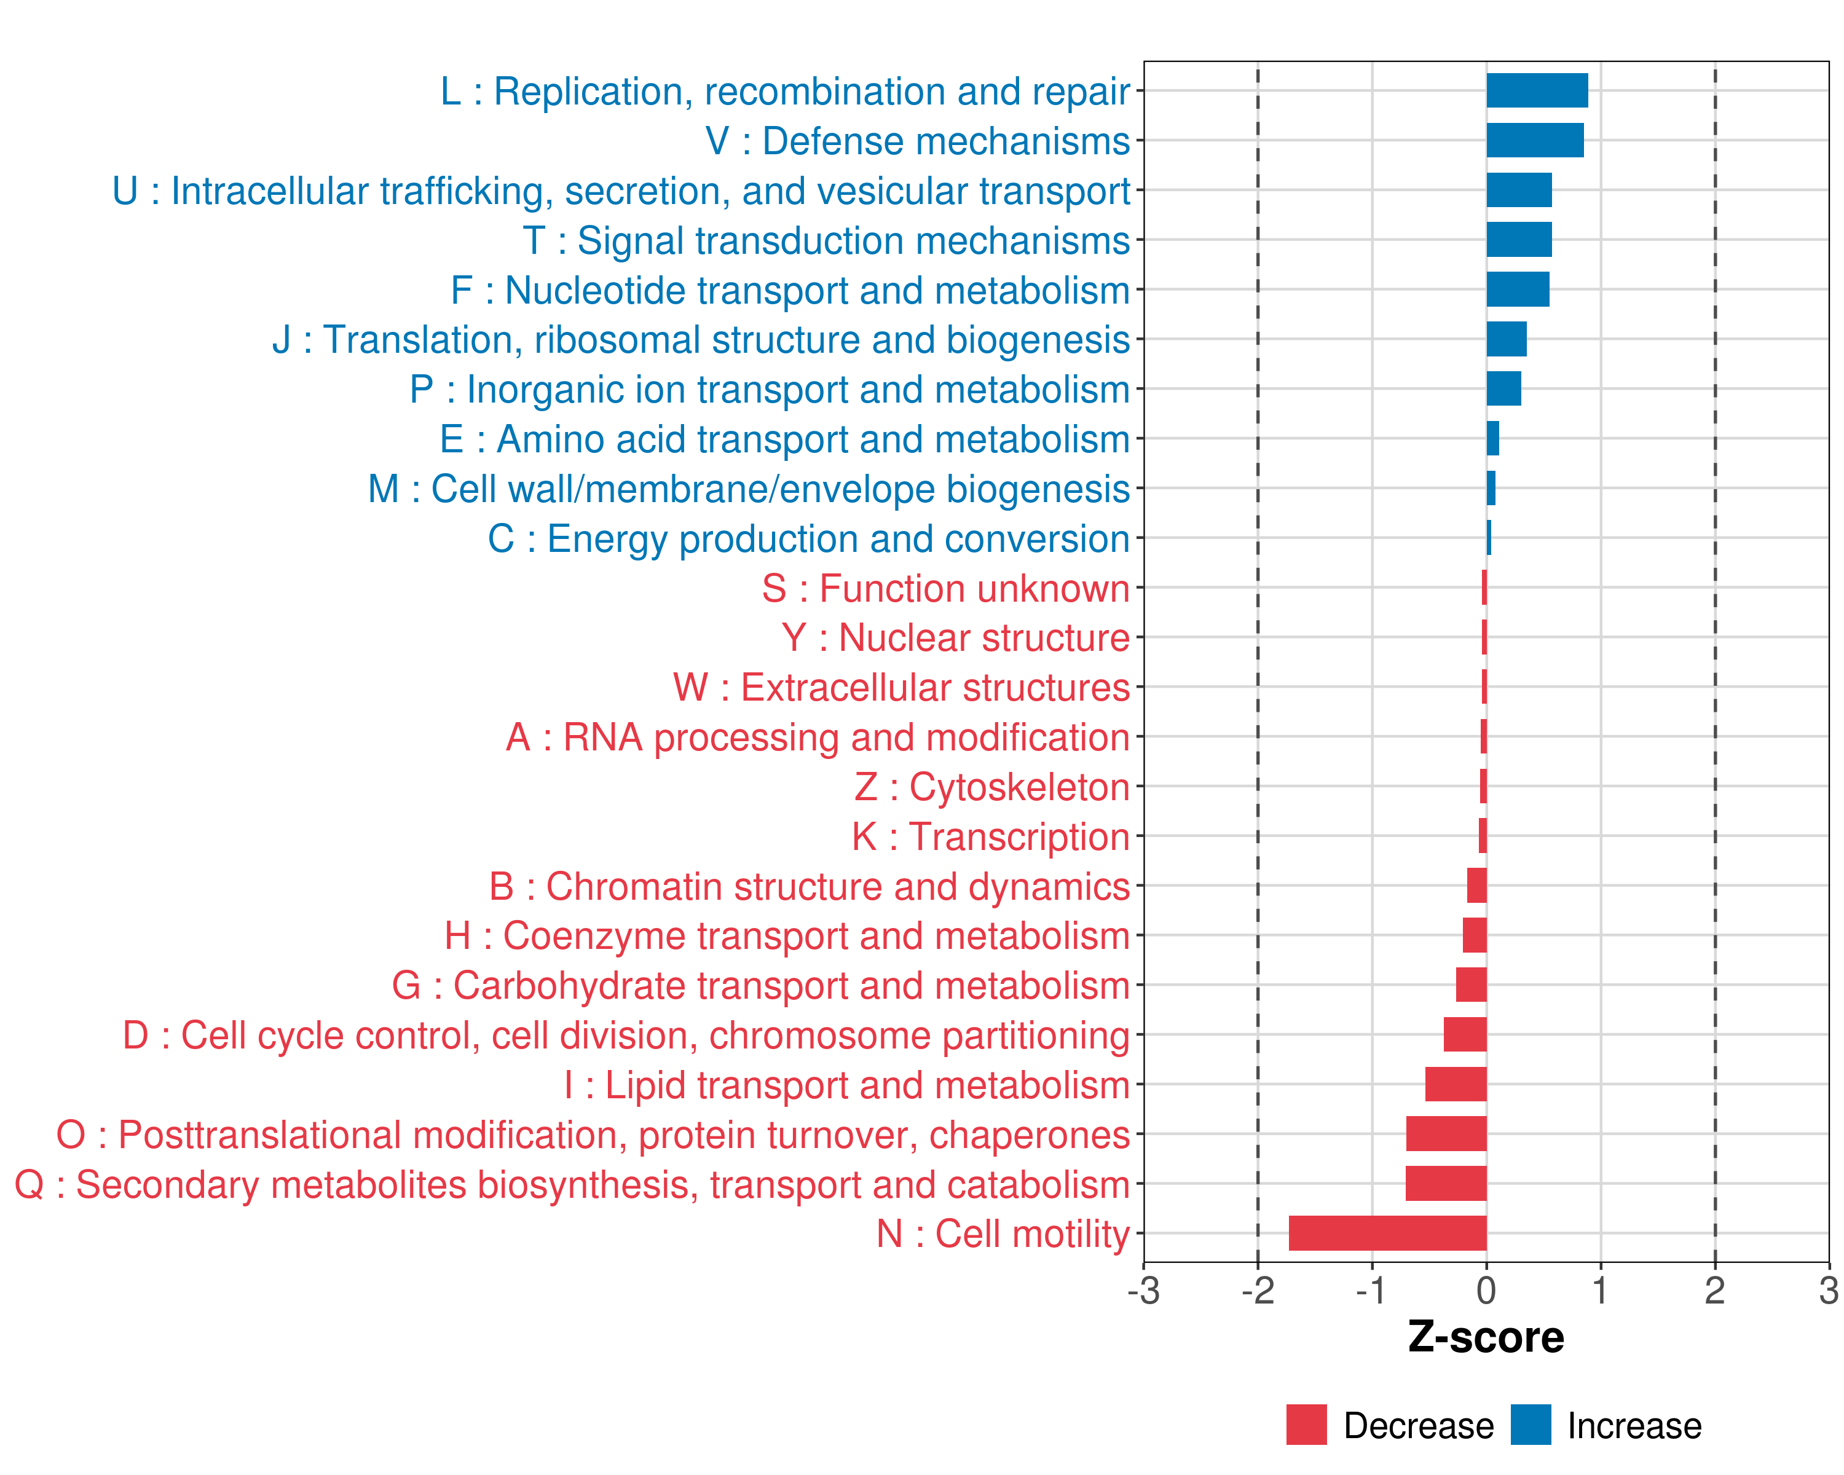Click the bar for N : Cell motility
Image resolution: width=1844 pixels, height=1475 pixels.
click(x=1387, y=1233)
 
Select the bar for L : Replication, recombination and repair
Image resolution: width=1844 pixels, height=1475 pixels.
click(x=1537, y=90)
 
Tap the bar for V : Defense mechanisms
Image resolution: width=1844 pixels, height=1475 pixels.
click(x=1534, y=140)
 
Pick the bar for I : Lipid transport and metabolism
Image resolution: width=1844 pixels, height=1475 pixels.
click(x=1456, y=1084)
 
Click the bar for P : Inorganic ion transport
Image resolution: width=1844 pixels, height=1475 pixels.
click(x=1503, y=389)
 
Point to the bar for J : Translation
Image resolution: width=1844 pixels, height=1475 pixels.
click(x=1506, y=339)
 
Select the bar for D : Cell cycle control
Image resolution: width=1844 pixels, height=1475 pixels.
click(x=1465, y=1034)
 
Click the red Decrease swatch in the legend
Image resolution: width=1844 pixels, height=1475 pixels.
click(x=1306, y=1425)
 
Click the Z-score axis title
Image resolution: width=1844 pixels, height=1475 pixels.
click(x=1486, y=1337)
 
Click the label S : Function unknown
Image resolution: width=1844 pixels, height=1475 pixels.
click(x=946, y=588)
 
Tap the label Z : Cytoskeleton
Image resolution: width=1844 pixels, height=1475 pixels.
click(x=992, y=787)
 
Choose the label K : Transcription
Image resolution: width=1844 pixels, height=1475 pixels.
click(x=990, y=836)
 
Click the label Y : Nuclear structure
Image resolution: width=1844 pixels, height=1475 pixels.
click(x=955, y=638)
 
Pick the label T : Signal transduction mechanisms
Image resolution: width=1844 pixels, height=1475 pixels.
click(x=826, y=240)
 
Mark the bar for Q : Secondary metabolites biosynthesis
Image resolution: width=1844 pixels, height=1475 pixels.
click(x=1446, y=1184)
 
